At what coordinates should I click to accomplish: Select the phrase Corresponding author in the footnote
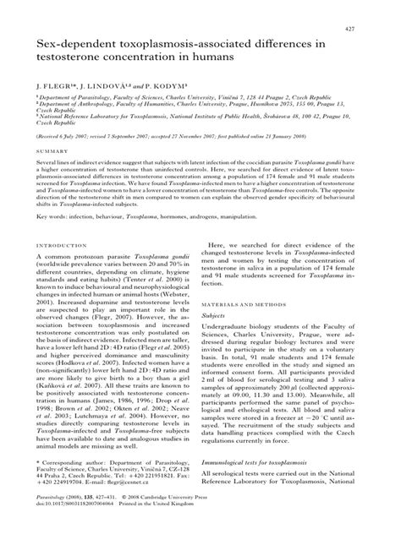(x=74, y=488)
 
